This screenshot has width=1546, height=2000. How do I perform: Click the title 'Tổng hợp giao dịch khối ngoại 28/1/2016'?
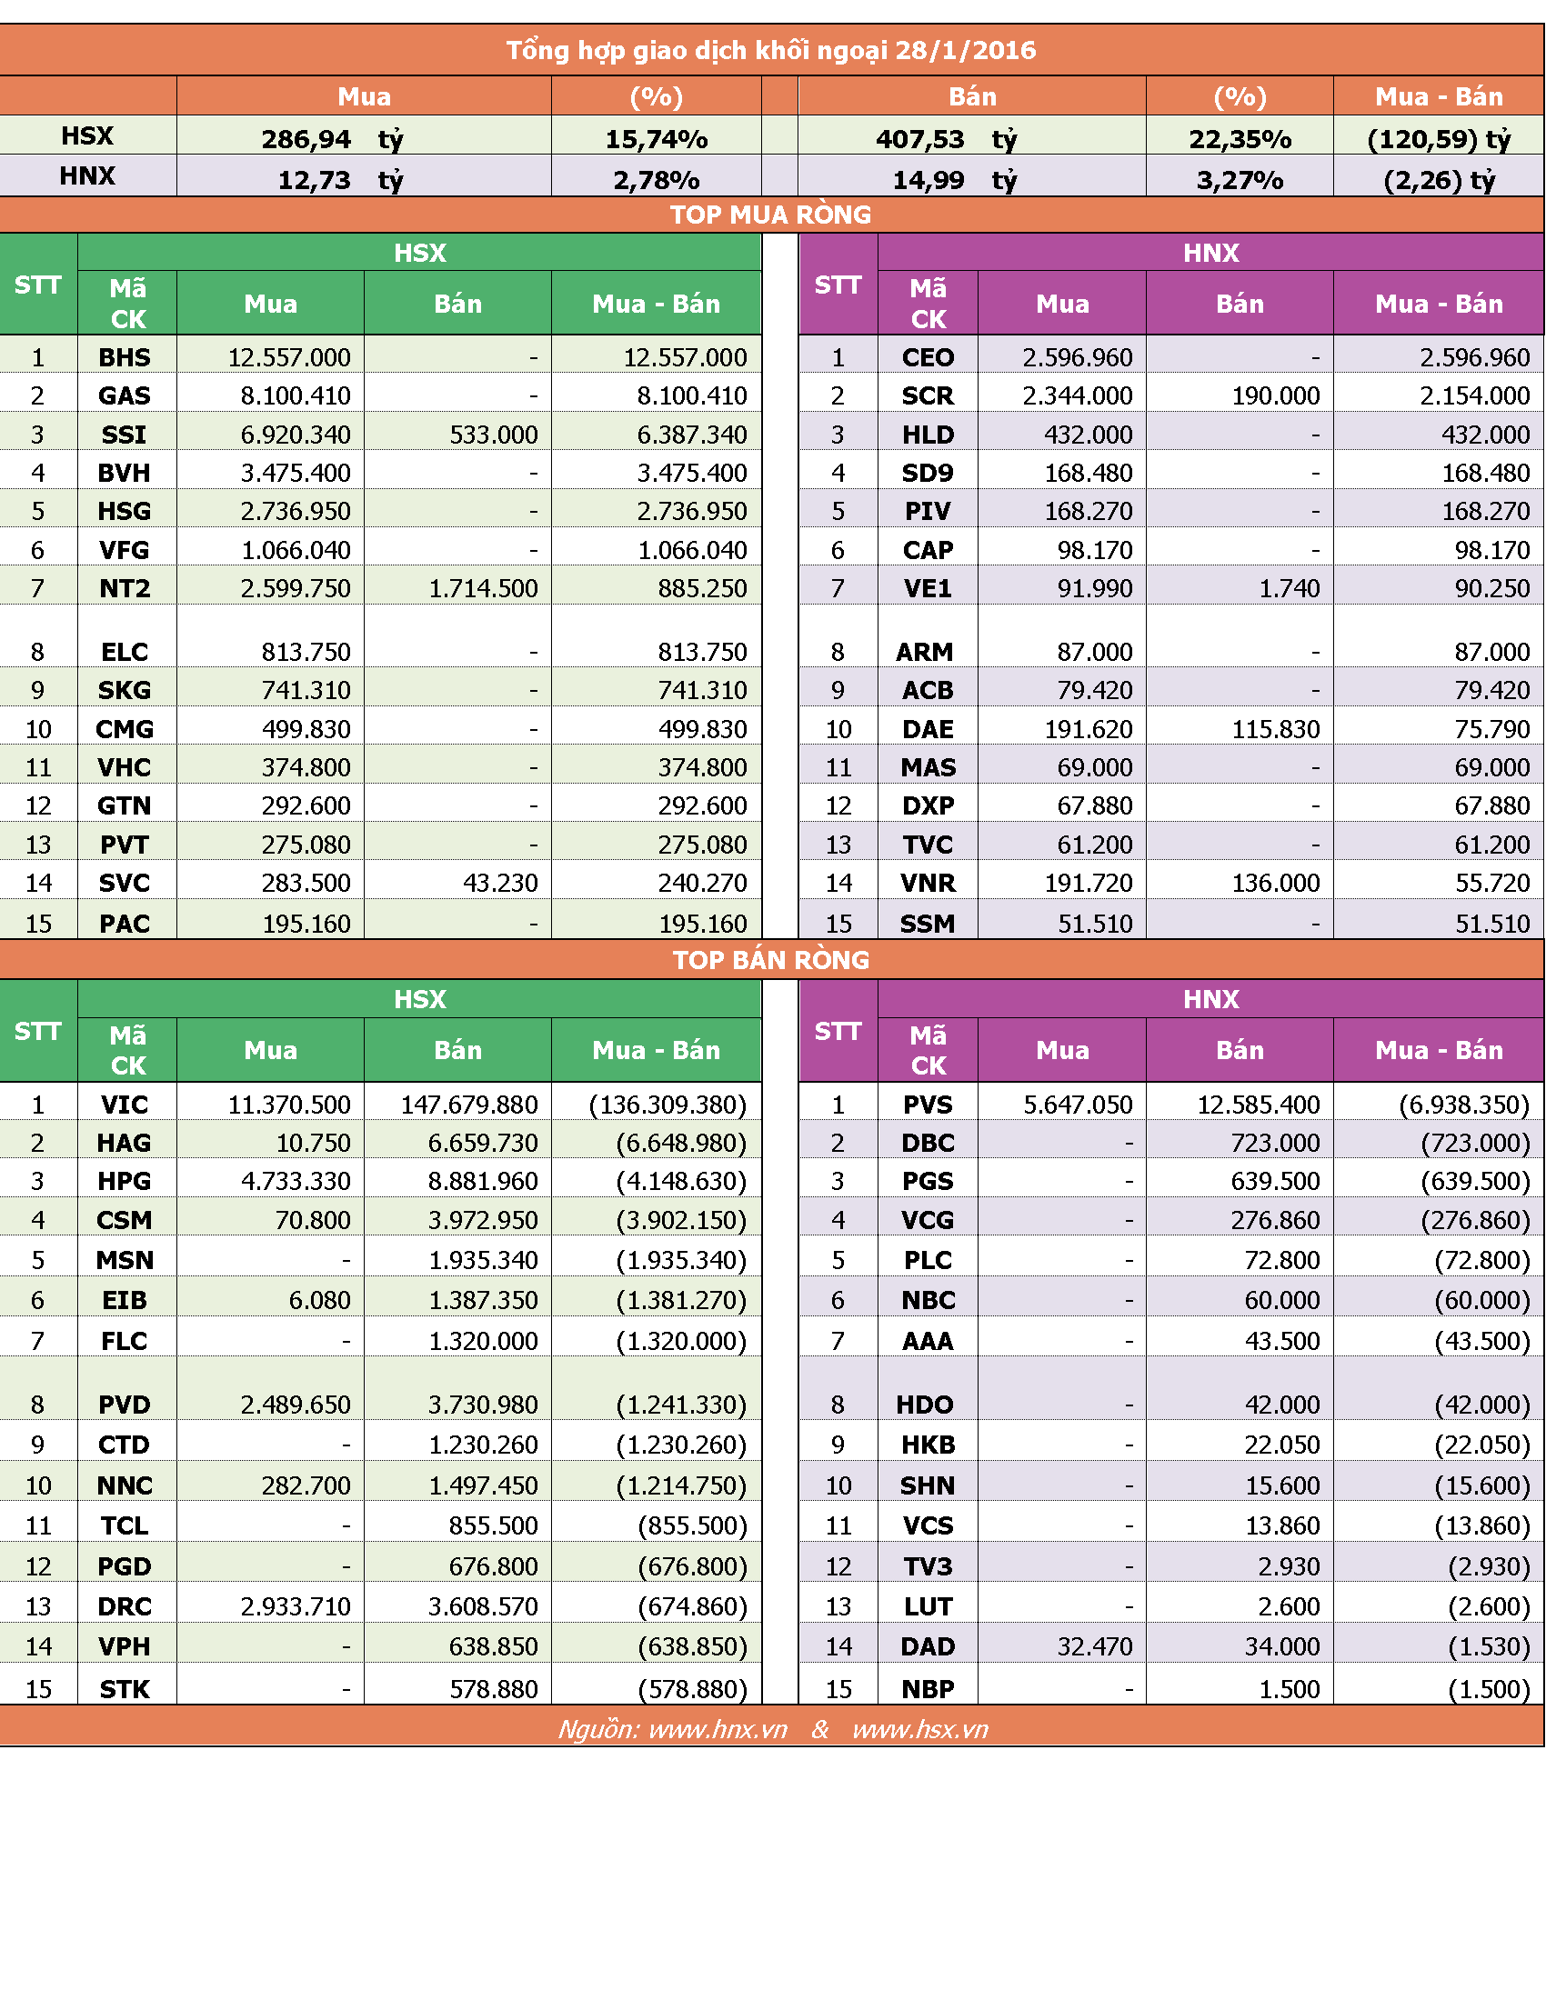(x=771, y=49)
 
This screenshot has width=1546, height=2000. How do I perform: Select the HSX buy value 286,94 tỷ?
(x=332, y=139)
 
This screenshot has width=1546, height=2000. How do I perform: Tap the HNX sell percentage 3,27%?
(x=1240, y=179)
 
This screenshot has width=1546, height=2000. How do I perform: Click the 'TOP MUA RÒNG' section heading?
(x=770, y=215)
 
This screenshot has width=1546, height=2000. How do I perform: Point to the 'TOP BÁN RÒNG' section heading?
(x=770, y=960)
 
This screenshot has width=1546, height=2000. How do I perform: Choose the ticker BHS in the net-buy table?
(x=125, y=357)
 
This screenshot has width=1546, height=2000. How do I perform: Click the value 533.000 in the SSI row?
(x=493, y=434)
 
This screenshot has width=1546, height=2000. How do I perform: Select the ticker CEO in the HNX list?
(x=928, y=357)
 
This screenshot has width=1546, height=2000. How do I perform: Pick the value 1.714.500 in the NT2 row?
(x=483, y=588)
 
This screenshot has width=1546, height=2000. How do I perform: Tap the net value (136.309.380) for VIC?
(x=668, y=1105)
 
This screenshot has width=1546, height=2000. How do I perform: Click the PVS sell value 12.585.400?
(x=1259, y=1105)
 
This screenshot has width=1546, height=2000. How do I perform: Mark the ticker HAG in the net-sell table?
(x=125, y=1143)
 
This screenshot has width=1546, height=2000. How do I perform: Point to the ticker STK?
(x=125, y=1689)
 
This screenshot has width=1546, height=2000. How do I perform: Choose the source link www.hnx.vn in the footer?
(x=718, y=1730)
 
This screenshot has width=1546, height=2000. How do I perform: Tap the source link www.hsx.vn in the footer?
(x=919, y=1730)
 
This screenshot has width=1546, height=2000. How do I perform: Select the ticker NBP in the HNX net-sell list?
(x=928, y=1689)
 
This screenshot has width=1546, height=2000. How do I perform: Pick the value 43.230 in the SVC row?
(x=500, y=883)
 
